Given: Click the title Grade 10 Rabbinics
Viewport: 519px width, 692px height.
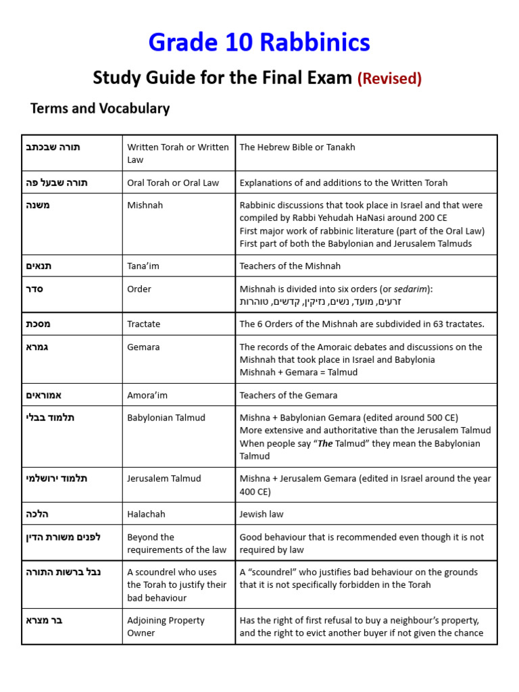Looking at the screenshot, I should (259, 43).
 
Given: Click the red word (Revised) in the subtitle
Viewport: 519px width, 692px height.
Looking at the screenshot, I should (389, 79).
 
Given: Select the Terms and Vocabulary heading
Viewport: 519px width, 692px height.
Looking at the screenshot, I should (100, 109).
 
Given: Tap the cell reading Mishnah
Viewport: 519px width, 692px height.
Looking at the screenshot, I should (145, 205).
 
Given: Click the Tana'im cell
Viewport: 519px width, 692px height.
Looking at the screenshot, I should (143, 266).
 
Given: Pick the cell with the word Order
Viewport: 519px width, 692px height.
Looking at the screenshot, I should (139, 289).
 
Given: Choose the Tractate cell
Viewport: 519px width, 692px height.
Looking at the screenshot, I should (144, 324).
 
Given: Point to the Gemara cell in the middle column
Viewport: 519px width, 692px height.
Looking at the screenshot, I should (143, 347).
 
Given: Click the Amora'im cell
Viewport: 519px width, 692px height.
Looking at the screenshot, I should (147, 395).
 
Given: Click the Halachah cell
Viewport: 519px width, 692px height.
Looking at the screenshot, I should (146, 514).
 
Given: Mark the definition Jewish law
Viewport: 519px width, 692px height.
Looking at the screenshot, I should (262, 514).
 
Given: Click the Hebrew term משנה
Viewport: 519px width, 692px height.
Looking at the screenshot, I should (38, 205).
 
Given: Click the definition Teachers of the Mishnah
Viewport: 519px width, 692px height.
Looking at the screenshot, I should (290, 266).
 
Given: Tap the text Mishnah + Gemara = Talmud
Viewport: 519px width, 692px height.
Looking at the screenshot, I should (299, 372).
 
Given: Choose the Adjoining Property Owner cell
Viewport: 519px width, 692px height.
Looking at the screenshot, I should (166, 626).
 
